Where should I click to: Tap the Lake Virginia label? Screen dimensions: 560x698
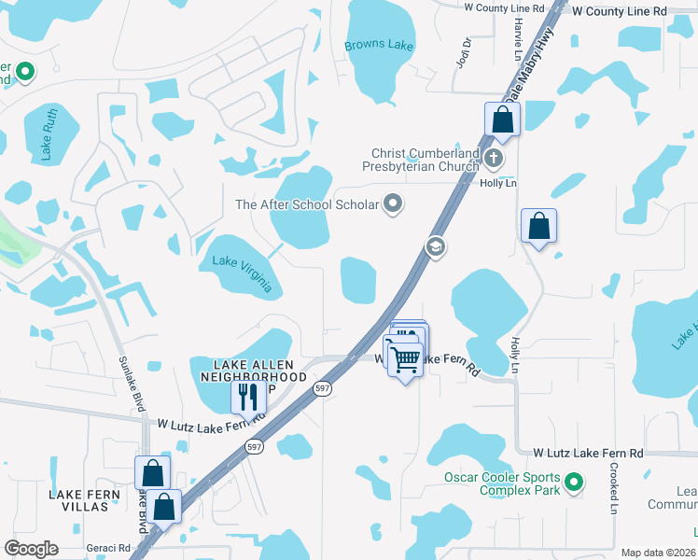(x=242, y=273)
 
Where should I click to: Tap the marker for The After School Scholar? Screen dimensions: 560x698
(x=394, y=203)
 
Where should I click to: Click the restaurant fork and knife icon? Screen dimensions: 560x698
(x=248, y=396)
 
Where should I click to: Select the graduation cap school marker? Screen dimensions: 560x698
(x=434, y=247)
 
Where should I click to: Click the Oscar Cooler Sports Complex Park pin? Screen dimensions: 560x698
(x=575, y=483)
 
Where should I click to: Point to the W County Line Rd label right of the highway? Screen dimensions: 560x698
(x=620, y=9)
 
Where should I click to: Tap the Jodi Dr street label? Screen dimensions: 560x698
(x=467, y=48)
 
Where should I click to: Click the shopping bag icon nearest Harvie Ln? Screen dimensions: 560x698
(x=502, y=119)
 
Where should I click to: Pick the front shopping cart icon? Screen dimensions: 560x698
(x=405, y=358)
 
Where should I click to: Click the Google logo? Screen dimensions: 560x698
(x=31, y=549)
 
